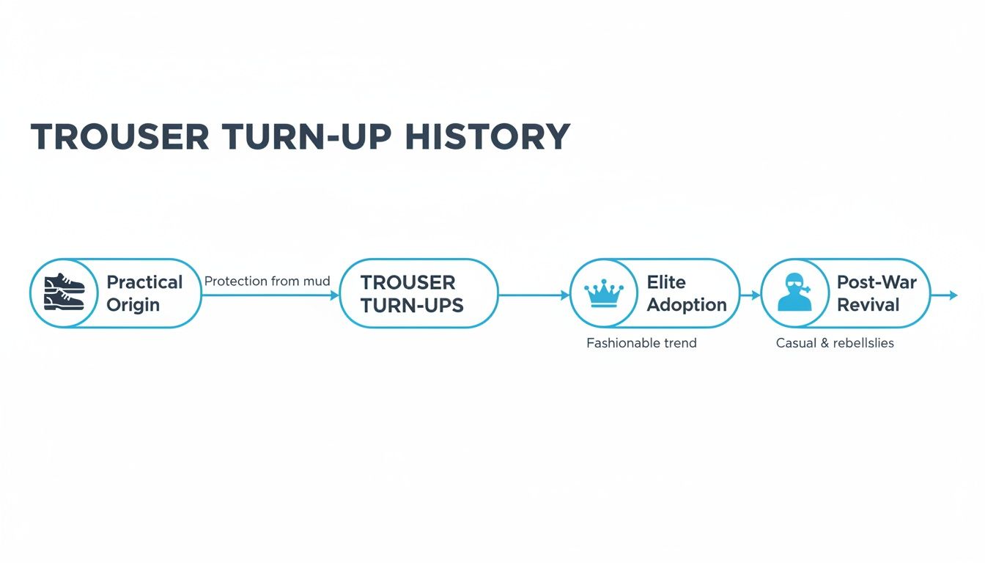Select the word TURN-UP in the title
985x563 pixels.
[x=306, y=137]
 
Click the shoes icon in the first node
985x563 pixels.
[x=61, y=292]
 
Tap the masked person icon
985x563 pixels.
[x=795, y=292]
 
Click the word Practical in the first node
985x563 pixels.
[x=144, y=282]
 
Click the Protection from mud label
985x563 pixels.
[x=267, y=281]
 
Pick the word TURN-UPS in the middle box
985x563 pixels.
[x=412, y=305]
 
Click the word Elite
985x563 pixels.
[x=666, y=282]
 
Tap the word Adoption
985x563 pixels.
[x=687, y=304]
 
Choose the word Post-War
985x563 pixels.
[x=877, y=282]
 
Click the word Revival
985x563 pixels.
[x=868, y=304]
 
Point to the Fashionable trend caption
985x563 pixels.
[x=641, y=343]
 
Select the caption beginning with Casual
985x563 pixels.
[x=835, y=343]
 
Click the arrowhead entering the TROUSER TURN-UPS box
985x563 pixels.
[x=335, y=295]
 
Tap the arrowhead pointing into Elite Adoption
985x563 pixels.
[x=565, y=295]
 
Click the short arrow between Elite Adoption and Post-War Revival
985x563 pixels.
[x=750, y=295]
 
